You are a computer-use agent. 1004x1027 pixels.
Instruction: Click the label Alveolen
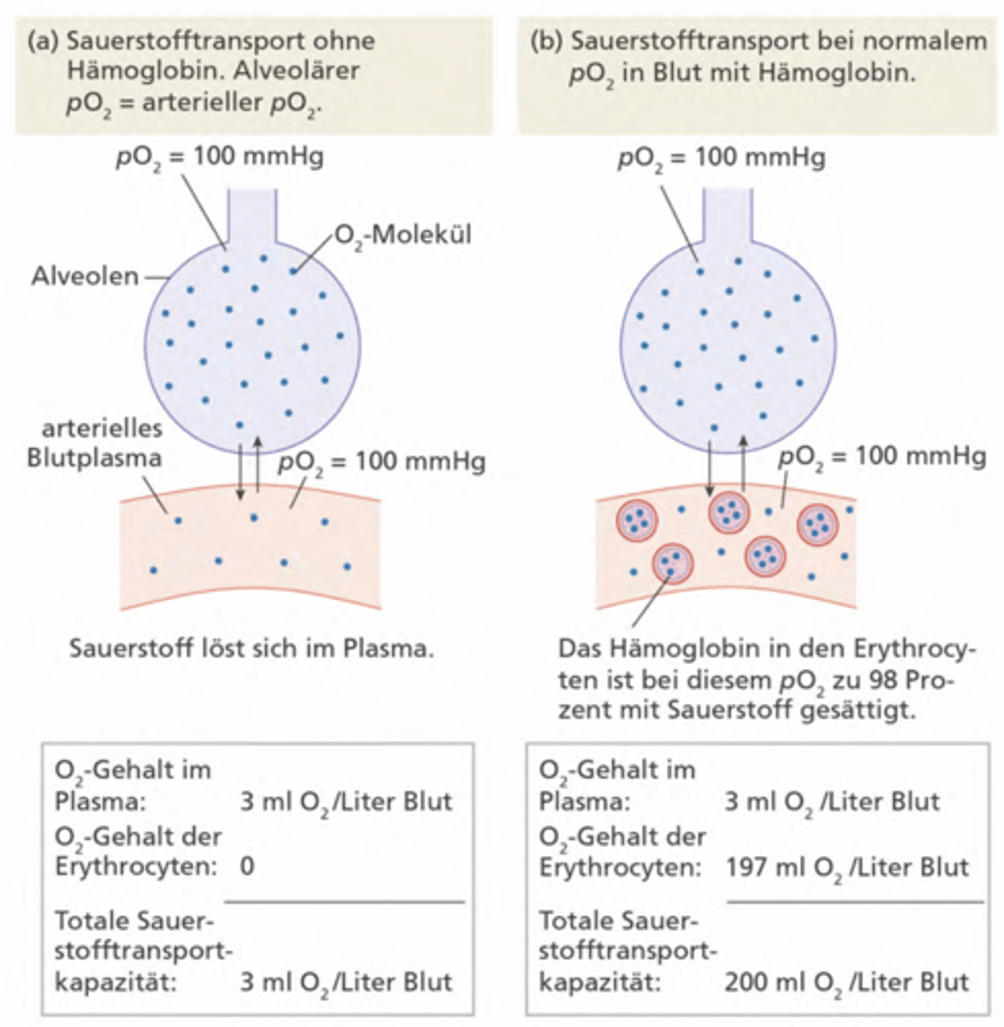click(85, 276)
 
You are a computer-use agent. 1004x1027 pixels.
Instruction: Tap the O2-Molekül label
click(403, 235)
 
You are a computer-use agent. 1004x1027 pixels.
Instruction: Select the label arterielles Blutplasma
click(96, 442)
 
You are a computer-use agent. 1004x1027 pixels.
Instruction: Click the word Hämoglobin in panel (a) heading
click(145, 70)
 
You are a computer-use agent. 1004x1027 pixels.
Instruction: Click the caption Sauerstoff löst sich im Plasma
click(252, 648)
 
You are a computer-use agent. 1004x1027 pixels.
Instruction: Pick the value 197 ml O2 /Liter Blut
click(847, 868)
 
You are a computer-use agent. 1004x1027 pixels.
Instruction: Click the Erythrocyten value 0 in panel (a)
click(247, 866)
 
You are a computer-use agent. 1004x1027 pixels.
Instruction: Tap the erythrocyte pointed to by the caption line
click(673, 563)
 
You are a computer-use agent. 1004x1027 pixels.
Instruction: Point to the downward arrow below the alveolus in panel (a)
click(241, 472)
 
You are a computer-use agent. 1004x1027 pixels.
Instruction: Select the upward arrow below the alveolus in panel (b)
click(743, 463)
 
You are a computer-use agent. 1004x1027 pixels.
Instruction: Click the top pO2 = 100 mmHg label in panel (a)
click(220, 157)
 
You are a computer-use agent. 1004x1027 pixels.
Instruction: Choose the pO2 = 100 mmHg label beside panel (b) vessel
click(882, 457)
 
